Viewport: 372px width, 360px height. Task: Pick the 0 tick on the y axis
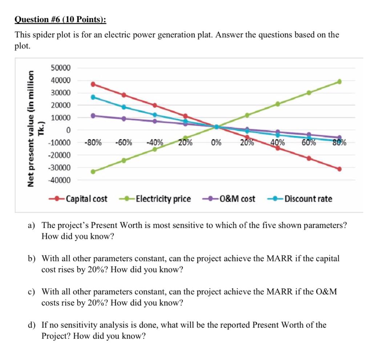point(73,130)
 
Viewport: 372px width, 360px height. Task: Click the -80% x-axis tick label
point(93,142)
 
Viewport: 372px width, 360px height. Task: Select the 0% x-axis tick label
point(216,142)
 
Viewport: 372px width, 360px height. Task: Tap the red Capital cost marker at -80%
point(93,84)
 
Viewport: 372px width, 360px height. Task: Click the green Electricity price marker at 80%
point(339,82)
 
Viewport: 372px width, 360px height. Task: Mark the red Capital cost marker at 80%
point(339,169)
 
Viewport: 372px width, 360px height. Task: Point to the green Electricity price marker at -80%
point(93,172)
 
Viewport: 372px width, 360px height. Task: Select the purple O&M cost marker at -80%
point(93,116)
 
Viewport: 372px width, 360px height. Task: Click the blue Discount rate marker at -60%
point(124,107)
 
